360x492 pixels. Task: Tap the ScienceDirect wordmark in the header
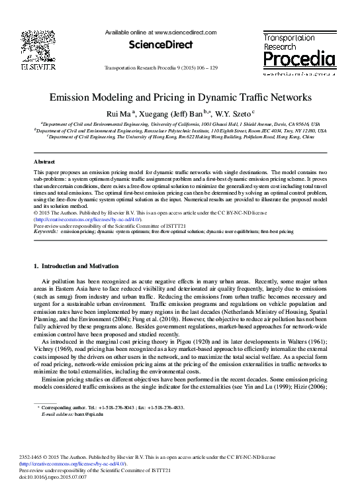(154, 45)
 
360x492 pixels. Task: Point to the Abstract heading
(44, 162)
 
